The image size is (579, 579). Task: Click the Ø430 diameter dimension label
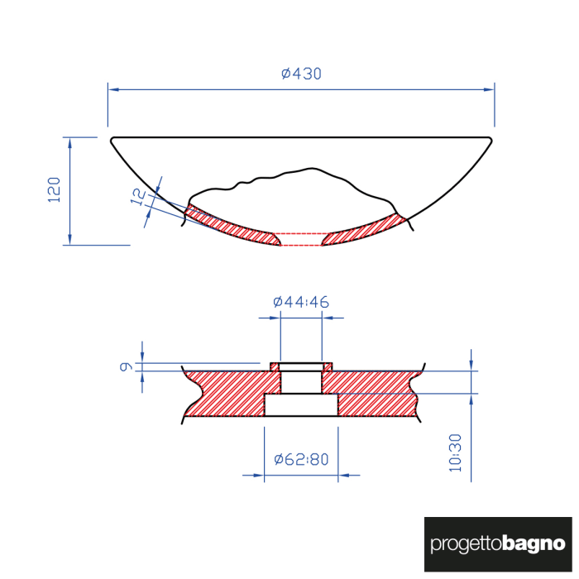[301, 74]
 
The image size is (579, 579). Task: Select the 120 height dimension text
[55, 190]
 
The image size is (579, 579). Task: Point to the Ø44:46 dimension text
[301, 303]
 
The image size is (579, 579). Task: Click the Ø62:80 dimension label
[301, 459]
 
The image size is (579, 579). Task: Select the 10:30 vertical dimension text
[455, 454]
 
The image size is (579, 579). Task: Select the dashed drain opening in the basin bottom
[301, 239]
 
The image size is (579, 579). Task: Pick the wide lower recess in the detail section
[301, 405]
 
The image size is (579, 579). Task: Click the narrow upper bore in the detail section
[301, 381]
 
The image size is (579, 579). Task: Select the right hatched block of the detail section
[376, 393]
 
